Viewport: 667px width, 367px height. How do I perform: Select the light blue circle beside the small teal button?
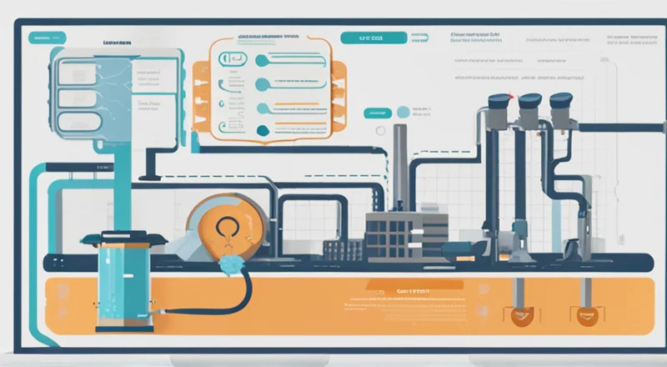(404, 112)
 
